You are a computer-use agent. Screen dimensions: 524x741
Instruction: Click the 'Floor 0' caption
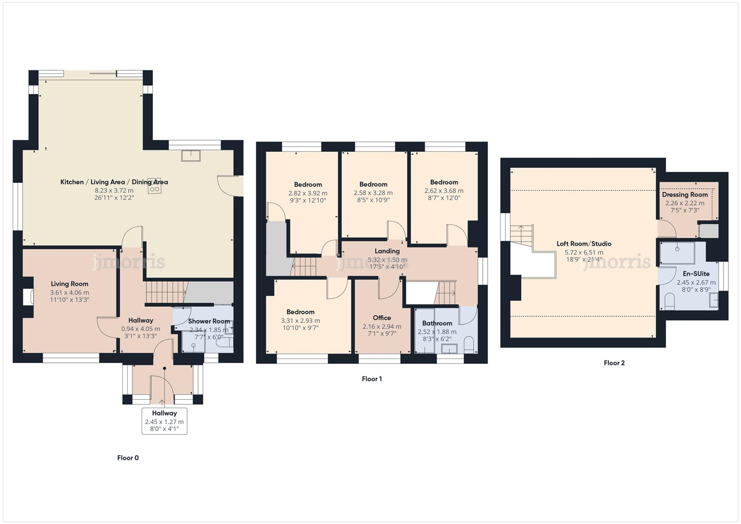[x=128, y=458]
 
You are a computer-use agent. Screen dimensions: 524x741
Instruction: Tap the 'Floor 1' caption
[x=372, y=379]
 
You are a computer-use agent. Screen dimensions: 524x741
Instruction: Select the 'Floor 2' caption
[x=614, y=363]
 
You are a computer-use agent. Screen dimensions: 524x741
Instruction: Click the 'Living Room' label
[x=69, y=284]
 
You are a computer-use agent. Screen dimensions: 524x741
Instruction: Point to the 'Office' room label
[x=382, y=318]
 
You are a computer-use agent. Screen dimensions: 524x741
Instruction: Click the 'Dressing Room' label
[x=685, y=195]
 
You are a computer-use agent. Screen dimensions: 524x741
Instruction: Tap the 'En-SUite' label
[x=696, y=274]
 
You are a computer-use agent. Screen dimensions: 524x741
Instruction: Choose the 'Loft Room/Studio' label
[x=584, y=244]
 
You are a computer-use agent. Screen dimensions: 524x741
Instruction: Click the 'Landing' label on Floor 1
[x=387, y=251]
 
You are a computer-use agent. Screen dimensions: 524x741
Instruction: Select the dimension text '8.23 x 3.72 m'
[x=114, y=191]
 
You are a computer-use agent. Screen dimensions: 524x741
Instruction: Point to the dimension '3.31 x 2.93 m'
[x=300, y=321]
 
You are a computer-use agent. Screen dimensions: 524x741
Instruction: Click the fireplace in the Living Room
[x=28, y=297]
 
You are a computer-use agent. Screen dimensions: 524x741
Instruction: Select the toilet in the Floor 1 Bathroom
[x=469, y=346]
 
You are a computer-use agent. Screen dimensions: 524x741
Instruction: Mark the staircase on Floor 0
[x=166, y=293]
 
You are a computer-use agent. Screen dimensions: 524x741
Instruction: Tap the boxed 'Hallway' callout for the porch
[x=164, y=421]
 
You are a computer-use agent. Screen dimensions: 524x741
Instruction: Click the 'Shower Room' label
[x=209, y=321]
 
